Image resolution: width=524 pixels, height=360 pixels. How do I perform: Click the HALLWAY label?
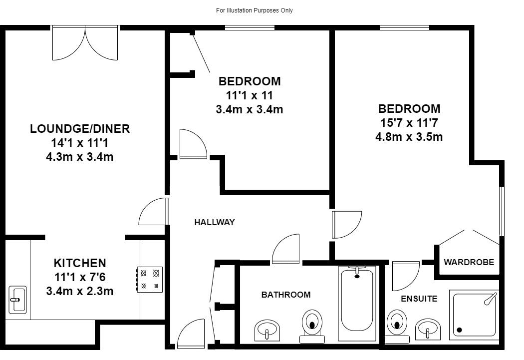pos(215,222)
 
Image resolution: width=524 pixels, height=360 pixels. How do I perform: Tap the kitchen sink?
pos(17,300)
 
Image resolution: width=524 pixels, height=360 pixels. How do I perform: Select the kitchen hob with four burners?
pos(149,280)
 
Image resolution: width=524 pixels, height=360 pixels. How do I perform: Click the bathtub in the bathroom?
pos(357,303)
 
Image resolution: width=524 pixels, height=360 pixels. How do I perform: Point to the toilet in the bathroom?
pos(312,326)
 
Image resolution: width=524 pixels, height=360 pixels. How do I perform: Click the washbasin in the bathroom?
pos(267,330)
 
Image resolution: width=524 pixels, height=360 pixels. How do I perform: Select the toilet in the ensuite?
pos(397,326)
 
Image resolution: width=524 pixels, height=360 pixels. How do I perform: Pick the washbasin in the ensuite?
pos(428,329)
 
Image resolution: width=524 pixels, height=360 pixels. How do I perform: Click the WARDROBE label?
pos(469,262)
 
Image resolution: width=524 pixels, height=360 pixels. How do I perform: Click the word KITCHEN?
pos(80,263)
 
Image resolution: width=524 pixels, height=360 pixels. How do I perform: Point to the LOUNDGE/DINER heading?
pos(80,129)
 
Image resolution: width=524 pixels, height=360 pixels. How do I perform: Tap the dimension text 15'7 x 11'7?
pos(409,123)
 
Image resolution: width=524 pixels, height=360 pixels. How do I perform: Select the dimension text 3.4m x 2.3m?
pos(80,291)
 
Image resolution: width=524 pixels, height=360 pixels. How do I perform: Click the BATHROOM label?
pos(286,295)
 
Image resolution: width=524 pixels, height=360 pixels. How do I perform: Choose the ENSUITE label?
pos(419,299)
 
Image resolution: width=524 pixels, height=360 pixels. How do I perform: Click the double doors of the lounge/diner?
pos(85,43)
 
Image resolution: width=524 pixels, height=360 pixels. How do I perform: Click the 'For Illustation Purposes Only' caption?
pos(255,10)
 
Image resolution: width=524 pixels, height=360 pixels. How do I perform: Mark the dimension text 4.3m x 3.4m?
pos(80,157)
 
